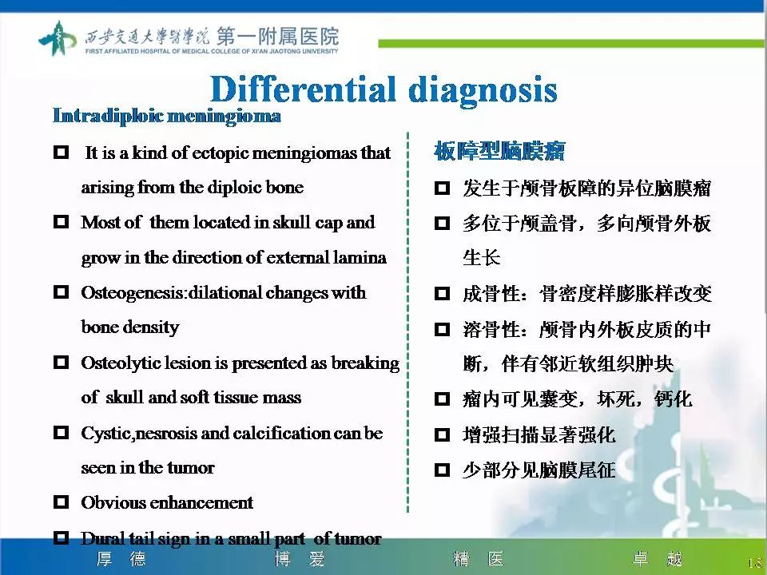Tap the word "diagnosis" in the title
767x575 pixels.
pos(483,89)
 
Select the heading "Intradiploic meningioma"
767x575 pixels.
pos(166,116)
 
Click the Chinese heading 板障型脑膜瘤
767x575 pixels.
pos(499,150)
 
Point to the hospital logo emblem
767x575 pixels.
pos(58,38)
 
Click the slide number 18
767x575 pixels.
pos(754,562)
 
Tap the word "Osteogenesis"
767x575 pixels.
pos(133,292)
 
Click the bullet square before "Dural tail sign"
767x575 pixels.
pos(61,538)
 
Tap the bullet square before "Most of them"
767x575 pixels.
pos(61,223)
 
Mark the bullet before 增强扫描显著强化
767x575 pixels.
pos(442,436)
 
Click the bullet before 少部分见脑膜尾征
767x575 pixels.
pos(442,471)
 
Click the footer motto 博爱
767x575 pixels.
pos(300,559)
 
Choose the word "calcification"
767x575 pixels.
pos(288,433)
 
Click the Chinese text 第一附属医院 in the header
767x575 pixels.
pos(277,36)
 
